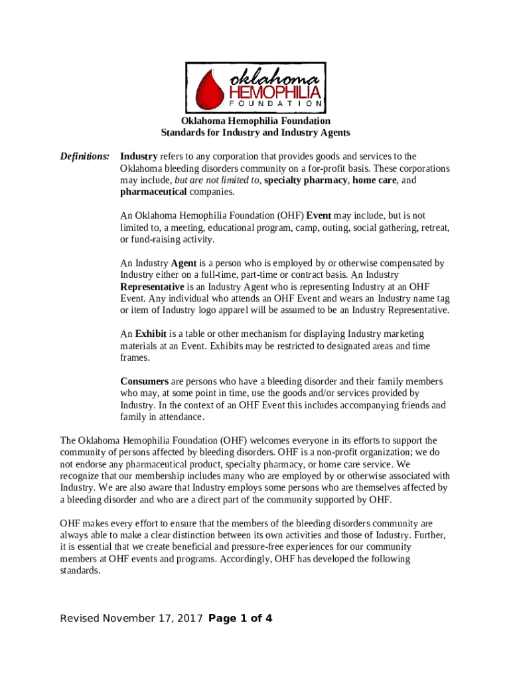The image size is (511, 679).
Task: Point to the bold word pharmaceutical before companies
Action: [154, 192]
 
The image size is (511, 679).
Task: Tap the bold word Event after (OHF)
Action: [319, 216]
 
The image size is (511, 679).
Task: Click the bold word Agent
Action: [183, 263]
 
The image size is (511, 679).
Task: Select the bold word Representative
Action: [152, 287]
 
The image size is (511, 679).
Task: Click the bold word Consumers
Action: [144, 381]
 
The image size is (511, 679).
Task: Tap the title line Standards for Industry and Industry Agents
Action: [256, 133]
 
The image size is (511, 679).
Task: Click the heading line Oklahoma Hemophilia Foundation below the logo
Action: [256, 121]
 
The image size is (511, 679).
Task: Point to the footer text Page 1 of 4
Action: [240, 619]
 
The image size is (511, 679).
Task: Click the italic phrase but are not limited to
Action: [216, 180]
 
